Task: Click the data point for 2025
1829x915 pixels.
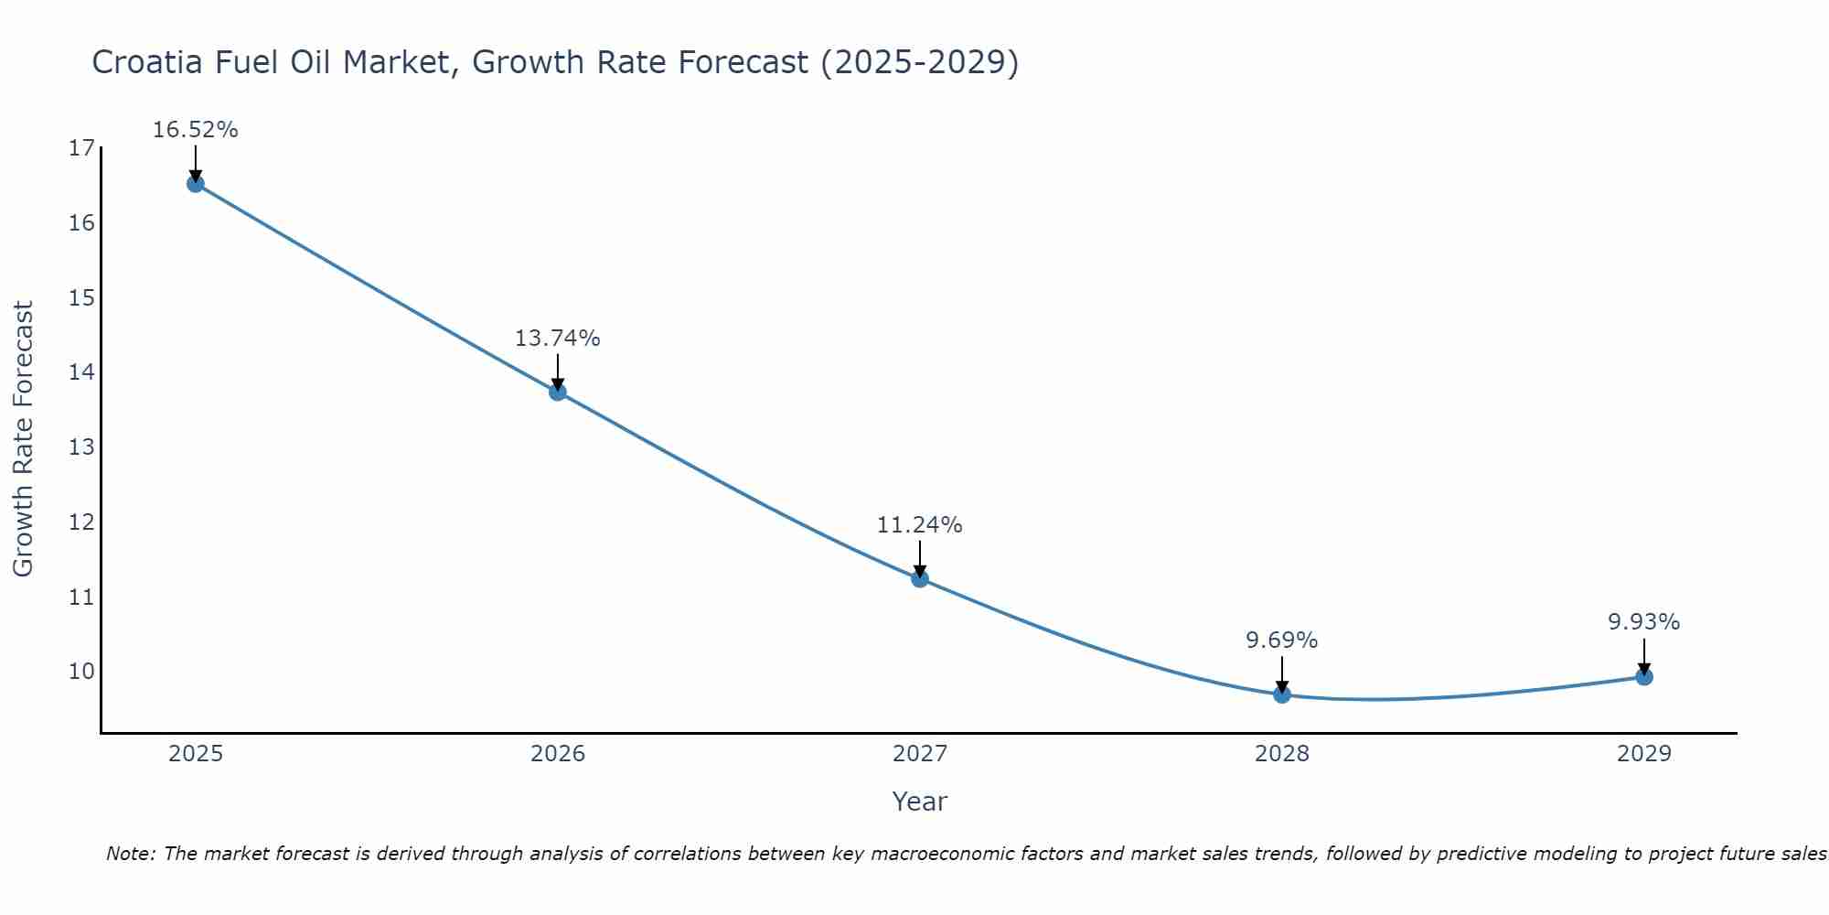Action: click(195, 184)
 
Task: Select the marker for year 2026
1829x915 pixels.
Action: click(558, 393)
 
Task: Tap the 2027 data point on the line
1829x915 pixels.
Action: click(920, 578)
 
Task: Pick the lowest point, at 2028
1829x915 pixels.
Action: click(1282, 694)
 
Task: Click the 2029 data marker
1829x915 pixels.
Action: click(1644, 677)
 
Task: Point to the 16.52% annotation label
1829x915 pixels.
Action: click(195, 130)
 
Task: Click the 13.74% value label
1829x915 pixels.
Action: click(557, 339)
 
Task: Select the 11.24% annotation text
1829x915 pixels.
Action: click(919, 525)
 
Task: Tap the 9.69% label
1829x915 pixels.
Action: click(1282, 640)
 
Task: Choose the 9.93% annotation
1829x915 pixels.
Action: click(1644, 622)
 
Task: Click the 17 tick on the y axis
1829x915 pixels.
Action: click(81, 148)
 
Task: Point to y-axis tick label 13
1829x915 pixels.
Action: click(81, 447)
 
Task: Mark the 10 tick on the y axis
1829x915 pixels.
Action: click(81, 672)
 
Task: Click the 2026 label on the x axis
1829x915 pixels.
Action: click(558, 754)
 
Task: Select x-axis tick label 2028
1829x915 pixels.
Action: click(1282, 754)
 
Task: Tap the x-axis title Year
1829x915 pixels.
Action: click(919, 802)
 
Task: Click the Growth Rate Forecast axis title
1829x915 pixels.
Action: click(23, 439)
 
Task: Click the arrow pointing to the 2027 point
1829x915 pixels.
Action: click(920, 558)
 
